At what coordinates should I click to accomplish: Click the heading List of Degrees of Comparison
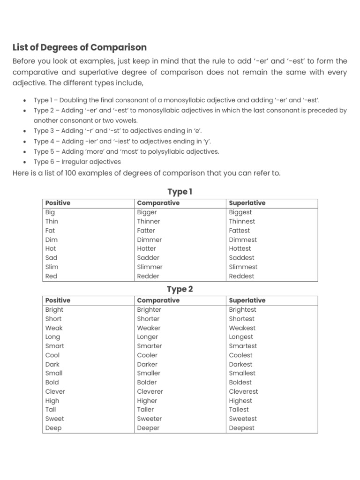(x=79, y=47)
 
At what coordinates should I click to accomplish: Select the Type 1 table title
(x=180, y=192)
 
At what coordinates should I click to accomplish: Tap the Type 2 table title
(x=180, y=289)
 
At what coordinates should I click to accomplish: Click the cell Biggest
(x=240, y=212)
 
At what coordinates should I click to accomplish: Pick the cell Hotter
(x=147, y=248)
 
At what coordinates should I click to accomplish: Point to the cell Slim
(x=52, y=267)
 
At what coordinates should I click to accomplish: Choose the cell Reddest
(x=241, y=276)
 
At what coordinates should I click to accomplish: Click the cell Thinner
(x=149, y=221)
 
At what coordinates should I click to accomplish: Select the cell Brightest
(x=242, y=310)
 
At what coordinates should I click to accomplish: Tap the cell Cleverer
(x=150, y=391)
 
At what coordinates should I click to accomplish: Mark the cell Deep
(x=53, y=428)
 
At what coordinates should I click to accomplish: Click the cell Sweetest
(x=243, y=419)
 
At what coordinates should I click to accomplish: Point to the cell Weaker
(x=149, y=328)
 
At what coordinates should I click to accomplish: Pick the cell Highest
(x=240, y=401)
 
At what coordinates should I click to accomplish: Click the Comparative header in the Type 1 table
(x=158, y=203)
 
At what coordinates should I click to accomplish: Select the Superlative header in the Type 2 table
(x=247, y=300)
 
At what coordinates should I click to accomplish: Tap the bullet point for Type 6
(x=24, y=162)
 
